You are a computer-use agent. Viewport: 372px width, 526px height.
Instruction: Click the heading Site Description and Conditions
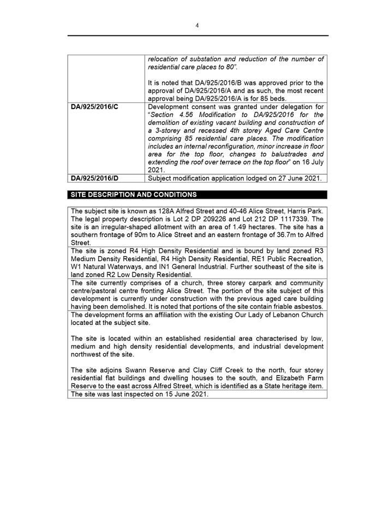coord(131,195)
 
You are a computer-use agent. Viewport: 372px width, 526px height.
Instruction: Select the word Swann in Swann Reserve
coord(128,370)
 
